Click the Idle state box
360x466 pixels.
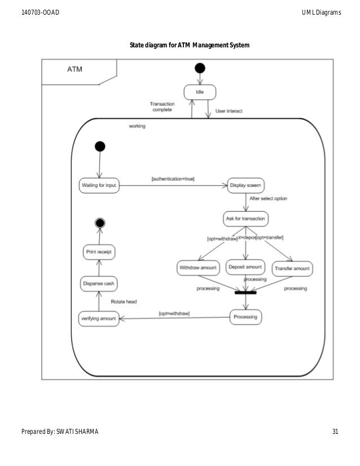coord(200,91)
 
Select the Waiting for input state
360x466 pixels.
coord(99,186)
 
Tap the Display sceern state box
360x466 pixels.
coord(245,186)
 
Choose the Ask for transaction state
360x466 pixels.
coord(245,218)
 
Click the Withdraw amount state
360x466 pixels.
coord(197,267)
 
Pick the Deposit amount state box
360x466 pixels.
coord(245,267)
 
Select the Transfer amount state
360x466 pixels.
coord(292,268)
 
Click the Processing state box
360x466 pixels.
coord(245,317)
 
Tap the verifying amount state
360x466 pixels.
coord(98,319)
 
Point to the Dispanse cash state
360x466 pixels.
coord(99,284)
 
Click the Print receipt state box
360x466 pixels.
coord(99,252)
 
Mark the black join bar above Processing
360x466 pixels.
coord(245,292)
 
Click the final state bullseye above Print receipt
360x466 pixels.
coord(100,222)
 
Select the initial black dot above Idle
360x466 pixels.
coord(200,68)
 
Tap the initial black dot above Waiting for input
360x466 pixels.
coord(99,147)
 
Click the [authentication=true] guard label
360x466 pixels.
coord(173,179)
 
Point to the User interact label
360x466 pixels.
coord(229,111)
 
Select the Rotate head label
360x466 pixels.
coord(124,302)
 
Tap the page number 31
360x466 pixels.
coord(335,432)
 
